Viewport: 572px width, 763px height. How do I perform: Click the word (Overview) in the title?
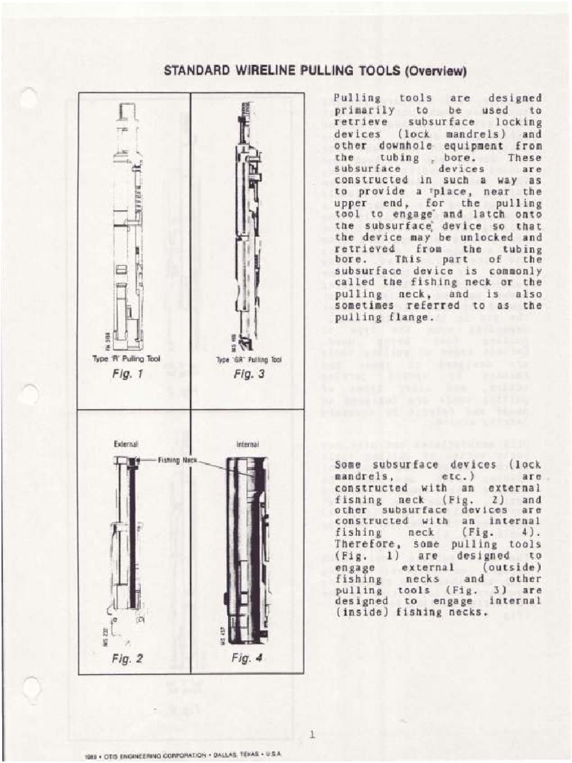pyautogui.click(x=435, y=72)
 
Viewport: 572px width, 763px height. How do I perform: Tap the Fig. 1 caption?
pyautogui.click(x=127, y=374)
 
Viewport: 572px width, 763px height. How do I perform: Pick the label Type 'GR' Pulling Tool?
pyautogui.click(x=249, y=359)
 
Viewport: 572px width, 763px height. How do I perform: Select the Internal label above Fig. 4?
pyautogui.click(x=247, y=444)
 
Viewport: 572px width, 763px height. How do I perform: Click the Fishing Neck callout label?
pyautogui.click(x=177, y=460)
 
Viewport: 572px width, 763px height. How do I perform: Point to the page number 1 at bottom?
pyautogui.click(x=312, y=735)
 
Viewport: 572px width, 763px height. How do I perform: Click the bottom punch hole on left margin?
pyautogui.click(x=31, y=688)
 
